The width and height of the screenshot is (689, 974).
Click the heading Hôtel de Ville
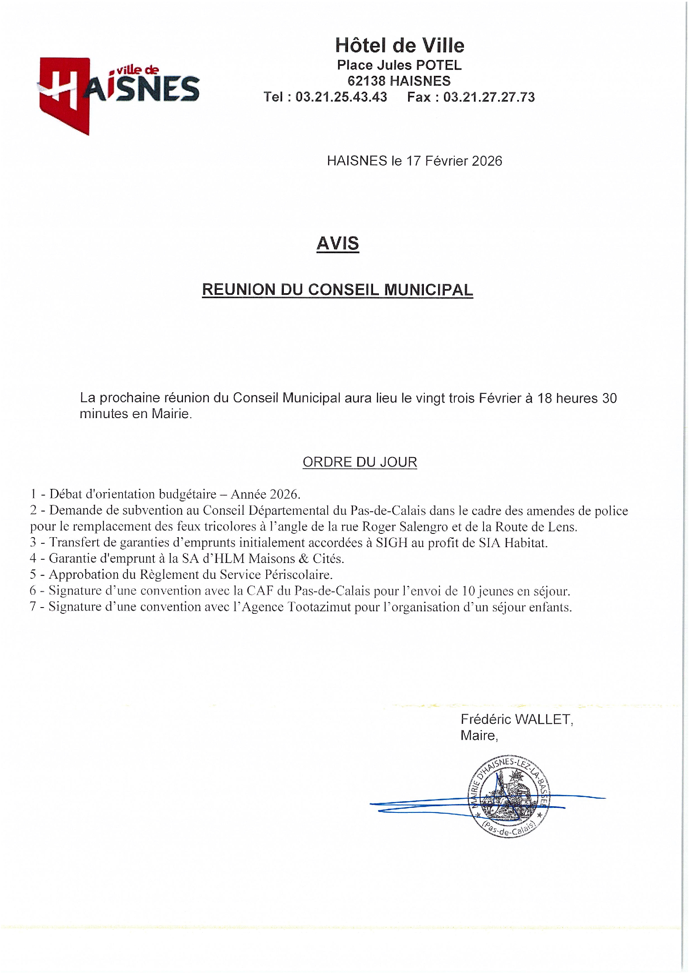click(x=399, y=45)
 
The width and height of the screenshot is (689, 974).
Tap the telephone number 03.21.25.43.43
click(x=341, y=97)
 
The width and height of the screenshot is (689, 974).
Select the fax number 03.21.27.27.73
click(x=489, y=97)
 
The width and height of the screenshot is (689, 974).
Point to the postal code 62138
click(x=366, y=81)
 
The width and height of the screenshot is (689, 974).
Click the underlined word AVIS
click(x=338, y=244)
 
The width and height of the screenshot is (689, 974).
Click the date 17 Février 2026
click(x=454, y=161)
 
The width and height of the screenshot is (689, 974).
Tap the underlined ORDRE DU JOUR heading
click(x=360, y=462)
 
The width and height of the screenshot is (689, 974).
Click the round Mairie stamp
click(x=508, y=797)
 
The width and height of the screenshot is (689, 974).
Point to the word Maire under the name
click(x=478, y=735)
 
